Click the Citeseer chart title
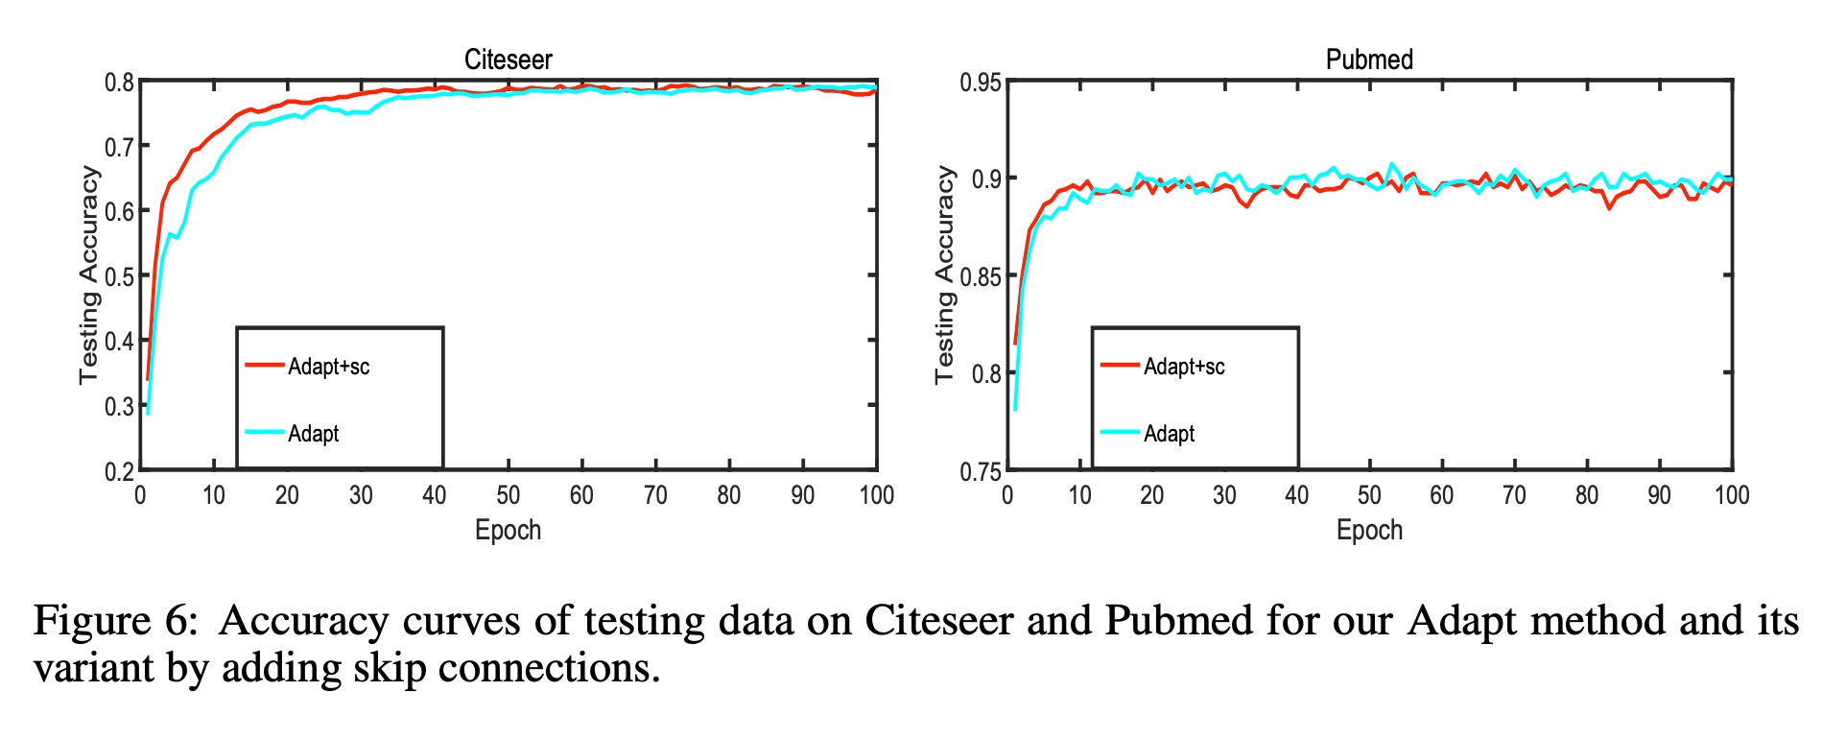pos(508,60)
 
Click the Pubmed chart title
pos(1369,60)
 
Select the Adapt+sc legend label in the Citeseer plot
pos(328,367)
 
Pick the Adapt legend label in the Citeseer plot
pos(313,434)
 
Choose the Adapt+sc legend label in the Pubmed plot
pos(1184,367)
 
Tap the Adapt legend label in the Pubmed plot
pos(1169,434)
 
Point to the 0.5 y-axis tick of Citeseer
pos(119,276)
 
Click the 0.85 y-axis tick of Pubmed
pos(981,276)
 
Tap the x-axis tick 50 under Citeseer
pos(508,495)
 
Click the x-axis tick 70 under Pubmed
pos(1514,495)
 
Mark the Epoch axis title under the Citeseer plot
pos(508,530)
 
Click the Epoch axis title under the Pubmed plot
pos(1369,530)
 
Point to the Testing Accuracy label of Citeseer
pos(88,275)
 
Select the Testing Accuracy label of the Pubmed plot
pos(945,275)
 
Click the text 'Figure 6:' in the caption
pos(114,621)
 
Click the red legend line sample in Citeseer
pos(264,365)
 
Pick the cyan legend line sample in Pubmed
pos(1119,432)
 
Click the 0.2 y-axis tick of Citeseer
pos(119,471)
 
